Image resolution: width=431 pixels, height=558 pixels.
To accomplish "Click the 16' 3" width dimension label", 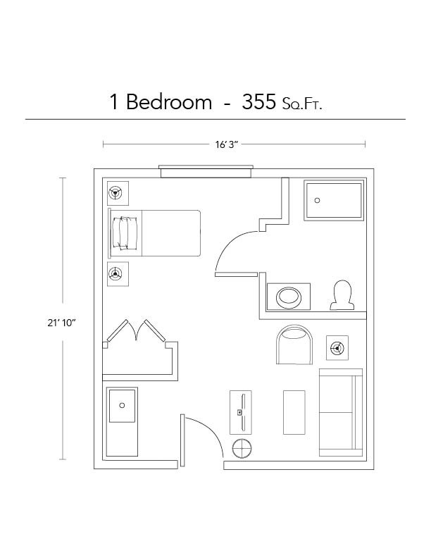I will [x=227, y=144].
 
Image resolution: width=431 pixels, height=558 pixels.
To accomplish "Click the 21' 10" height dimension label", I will [x=59, y=323].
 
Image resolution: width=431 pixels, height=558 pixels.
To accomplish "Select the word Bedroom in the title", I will [x=169, y=102].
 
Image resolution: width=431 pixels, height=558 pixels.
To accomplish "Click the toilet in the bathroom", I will [x=342, y=294].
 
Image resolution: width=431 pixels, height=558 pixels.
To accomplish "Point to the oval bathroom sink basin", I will [x=288, y=296].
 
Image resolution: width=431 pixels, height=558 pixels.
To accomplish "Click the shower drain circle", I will [x=318, y=200].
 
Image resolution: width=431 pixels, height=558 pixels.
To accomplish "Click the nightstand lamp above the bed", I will [x=117, y=193].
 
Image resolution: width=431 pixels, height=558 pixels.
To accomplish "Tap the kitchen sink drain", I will [x=122, y=405].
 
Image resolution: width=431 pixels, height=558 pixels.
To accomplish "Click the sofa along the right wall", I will [x=340, y=412].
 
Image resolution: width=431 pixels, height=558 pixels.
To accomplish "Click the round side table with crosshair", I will [x=243, y=448].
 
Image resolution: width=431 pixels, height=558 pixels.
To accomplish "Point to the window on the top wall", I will [x=206, y=171].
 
